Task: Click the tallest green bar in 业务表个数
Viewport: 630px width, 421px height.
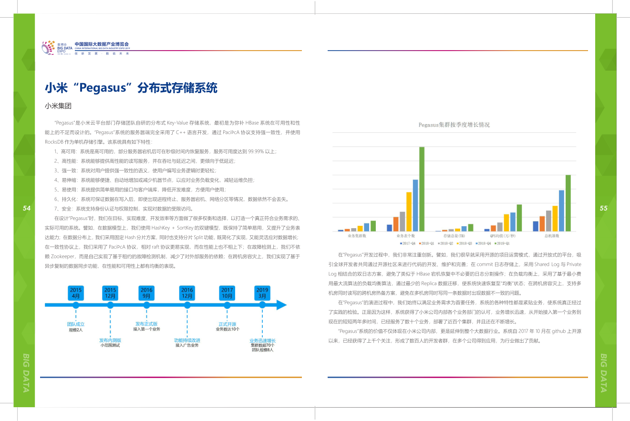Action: (x=422, y=189)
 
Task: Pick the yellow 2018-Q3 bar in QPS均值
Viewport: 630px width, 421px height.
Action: (x=506, y=222)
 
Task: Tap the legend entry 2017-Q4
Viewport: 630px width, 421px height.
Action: (x=408, y=242)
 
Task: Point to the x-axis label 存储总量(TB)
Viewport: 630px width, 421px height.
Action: (x=454, y=236)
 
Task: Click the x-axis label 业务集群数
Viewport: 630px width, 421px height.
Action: (x=357, y=236)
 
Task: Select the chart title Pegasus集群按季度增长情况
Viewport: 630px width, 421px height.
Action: (x=454, y=125)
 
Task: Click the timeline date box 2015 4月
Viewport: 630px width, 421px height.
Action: (x=76, y=293)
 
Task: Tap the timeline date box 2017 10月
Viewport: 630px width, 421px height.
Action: (x=227, y=293)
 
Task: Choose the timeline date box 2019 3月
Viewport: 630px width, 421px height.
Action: (x=262, y=293)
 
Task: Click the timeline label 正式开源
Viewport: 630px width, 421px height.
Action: (x=227, y=324)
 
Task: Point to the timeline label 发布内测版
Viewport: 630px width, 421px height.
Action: (x=110, y=340)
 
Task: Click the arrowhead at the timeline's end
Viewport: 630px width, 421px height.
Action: (x=281, y=305)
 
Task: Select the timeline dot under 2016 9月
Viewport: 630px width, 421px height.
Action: (x=146, y=305)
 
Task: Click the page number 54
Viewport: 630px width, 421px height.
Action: (x=27, y=208)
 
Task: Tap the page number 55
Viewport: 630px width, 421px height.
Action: (x=604, y=208)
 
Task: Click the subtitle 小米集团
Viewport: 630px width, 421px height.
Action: (x=58, y=106)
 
